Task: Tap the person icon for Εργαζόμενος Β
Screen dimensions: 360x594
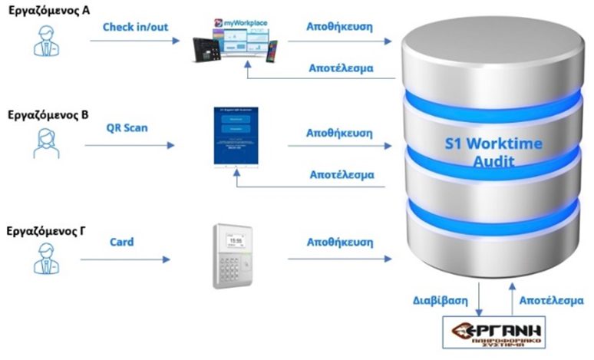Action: tap(46, 143)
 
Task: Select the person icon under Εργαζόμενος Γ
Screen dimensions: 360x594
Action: tap(46, 256)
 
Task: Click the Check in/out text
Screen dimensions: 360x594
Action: tap(135, 28)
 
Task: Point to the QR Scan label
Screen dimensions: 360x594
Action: tap(127, 127)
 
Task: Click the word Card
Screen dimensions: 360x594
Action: tap(121, 242)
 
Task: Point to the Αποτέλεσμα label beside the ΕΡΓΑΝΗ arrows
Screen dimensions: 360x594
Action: tap(551, 300)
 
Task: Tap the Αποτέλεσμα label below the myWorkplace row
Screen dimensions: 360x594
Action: tap(339, 68)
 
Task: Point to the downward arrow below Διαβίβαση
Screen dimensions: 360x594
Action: tap(479, 299)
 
